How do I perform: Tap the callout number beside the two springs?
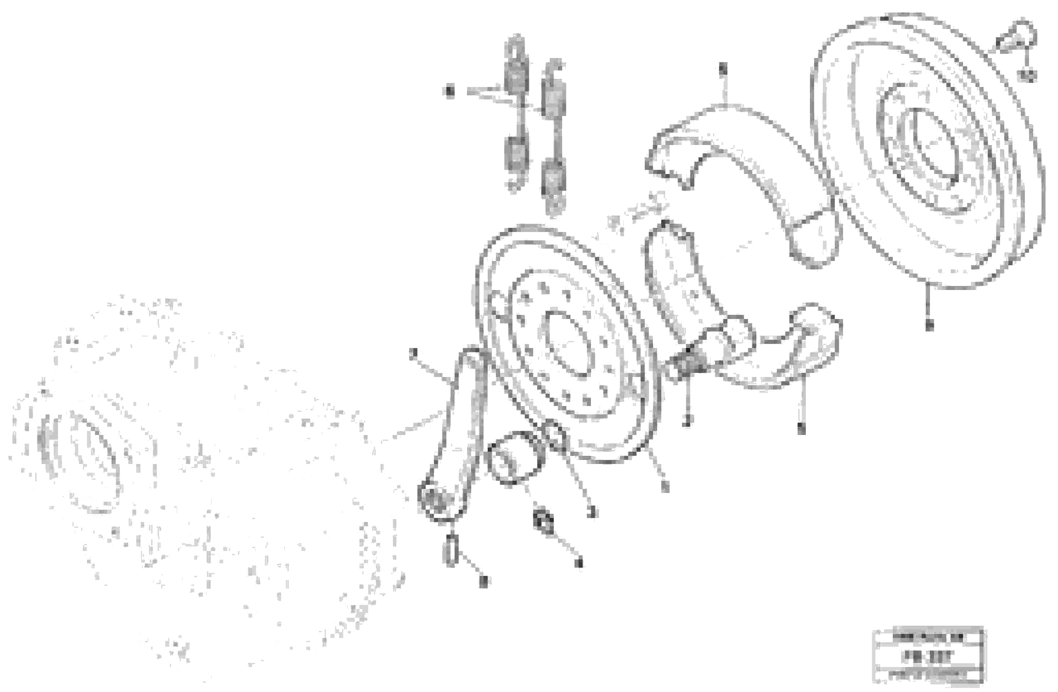click(x=450, y=92)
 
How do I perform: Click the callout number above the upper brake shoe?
click(x=723, y=69)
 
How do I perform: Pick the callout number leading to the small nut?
click(x=578, y=563)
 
